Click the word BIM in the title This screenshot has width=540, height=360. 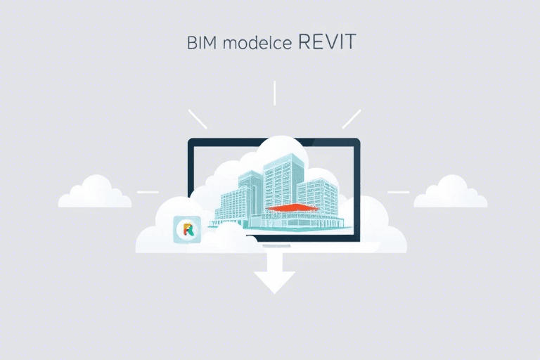(x=202, y=43)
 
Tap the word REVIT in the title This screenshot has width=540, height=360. (x=327, y=41)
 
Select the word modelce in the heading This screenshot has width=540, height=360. (x=257, y=43)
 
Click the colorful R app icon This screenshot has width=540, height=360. (x=187, y=229)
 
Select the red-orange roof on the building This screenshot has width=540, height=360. (x=292, y=207)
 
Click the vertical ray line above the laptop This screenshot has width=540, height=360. (x=274, y=93)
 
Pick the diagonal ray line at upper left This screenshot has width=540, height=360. (x=198, y=120)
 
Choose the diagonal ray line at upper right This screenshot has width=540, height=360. (x=352, y=120)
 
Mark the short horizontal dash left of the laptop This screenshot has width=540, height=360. (x=148, y=192)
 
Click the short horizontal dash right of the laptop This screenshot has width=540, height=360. (x=399, y=192)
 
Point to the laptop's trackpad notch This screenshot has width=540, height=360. (x=276, y=246)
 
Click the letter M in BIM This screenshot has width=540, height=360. (x=210, y=43)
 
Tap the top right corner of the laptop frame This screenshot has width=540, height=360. (x=359, y=139)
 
